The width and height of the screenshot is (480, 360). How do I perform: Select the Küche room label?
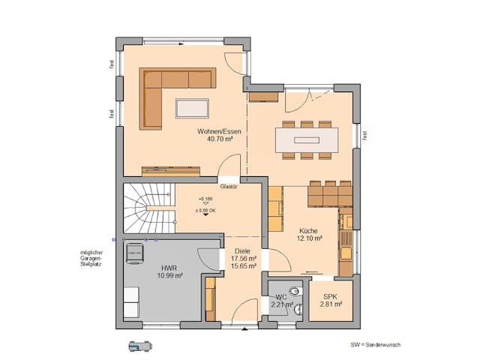coord(310,230)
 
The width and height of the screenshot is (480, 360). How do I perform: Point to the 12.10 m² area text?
coord(310,238)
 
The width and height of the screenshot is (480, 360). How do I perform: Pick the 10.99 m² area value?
coord(170,275)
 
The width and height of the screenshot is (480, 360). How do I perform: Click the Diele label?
coord(241,251)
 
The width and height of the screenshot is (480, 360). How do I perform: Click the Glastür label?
coord(229,187)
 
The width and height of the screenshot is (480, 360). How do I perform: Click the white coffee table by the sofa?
coord(193,108)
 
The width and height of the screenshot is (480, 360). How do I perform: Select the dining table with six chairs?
coord(306,139)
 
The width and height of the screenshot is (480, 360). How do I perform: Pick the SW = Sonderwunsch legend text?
coord(375,344)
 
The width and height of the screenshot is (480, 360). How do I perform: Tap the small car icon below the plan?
coord(139,346)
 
